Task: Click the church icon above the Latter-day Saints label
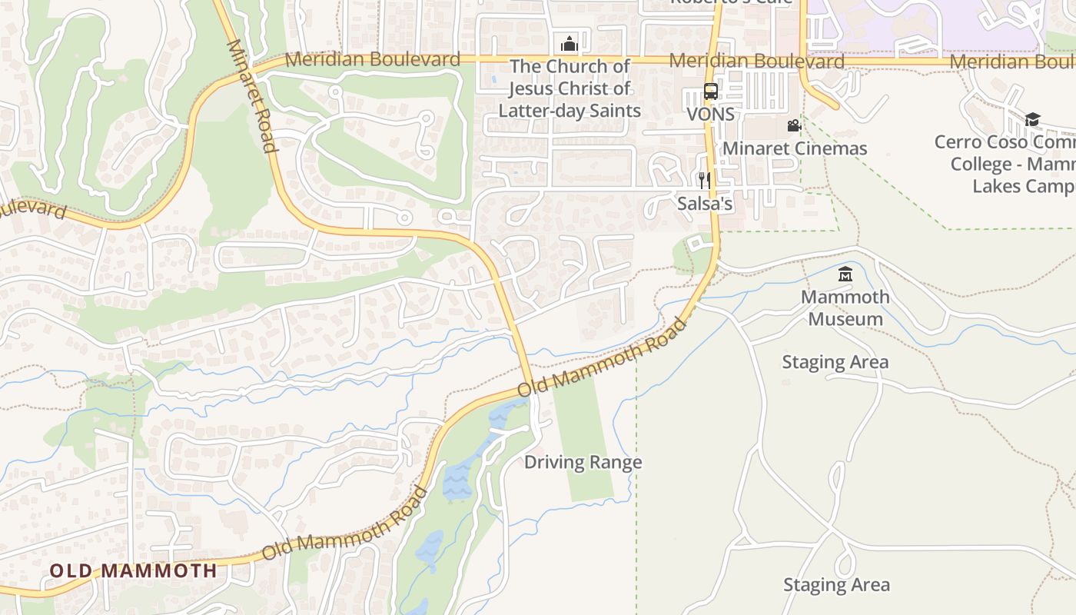tap(569, 43)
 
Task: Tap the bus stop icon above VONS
tap(711, 91)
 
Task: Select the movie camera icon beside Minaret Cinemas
tap(794, 125)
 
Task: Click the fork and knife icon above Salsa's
tap(704, 181)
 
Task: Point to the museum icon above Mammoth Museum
tap(845, 274)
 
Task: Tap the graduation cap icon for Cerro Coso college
tap(1032, 119)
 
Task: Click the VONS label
tap(711, 115)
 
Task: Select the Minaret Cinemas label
tap(795, 148)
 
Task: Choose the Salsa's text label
tap(705, 204)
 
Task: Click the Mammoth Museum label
tap(845, 307)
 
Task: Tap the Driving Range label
tap(583, 462)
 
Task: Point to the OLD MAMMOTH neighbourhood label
tap(134, 570)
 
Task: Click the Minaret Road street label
tap(252, 96)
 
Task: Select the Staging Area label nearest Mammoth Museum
tap(835, 362)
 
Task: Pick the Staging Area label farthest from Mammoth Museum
tap(836, 585)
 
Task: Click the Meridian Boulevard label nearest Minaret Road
tap(373, 59)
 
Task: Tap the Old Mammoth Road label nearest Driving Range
tap(603, 358)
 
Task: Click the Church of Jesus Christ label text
tap(570, 88)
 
